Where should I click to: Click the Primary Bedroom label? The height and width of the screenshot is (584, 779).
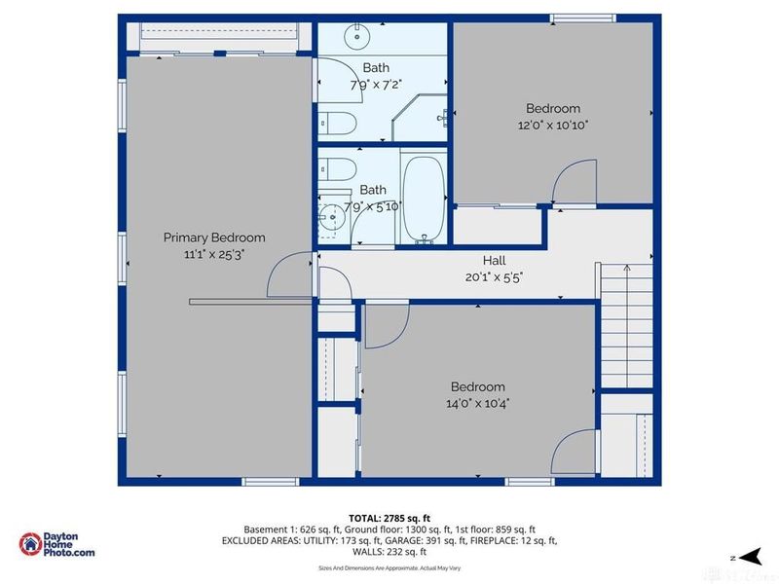pos(213,237)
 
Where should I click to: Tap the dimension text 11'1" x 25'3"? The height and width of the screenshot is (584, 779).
pos(213,254)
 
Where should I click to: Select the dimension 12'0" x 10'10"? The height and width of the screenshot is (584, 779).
pos(553,125)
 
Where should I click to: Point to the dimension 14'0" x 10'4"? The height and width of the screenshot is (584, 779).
pos(477,402)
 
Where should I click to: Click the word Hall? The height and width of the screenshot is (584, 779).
pos(495,261)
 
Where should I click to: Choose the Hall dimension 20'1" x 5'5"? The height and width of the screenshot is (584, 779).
pos(495,276)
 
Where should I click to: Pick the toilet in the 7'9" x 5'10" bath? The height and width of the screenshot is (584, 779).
pos(338,167)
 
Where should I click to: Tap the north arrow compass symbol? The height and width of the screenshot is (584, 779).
pos(748,556)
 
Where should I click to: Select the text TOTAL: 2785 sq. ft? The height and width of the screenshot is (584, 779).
pos(389,517)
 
